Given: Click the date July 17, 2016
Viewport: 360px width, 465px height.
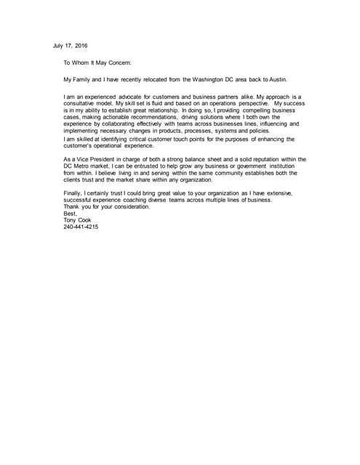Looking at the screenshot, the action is tap(71, 46).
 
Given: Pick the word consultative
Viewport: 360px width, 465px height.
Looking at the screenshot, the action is tap(83, 104).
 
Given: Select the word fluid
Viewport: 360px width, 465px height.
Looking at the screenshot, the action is tap(171, 104).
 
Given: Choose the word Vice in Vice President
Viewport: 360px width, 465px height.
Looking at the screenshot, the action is tap(92, 159).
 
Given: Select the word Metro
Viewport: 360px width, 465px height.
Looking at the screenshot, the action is tap(85, 166).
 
